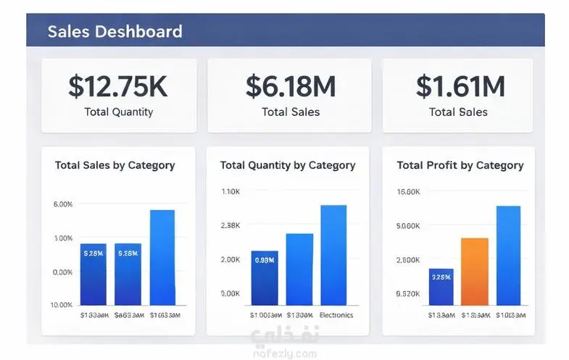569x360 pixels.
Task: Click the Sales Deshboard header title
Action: [115, 32]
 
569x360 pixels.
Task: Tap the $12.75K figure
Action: [118, 86]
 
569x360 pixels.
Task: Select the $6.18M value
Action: [290, 86]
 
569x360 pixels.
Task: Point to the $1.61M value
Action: [460, 86]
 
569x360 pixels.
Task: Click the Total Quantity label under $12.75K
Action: [118, 112]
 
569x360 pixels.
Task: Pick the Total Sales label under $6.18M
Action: [290, 112]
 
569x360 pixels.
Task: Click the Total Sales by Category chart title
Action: [115, 165]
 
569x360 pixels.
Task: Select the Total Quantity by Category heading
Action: [288, 165]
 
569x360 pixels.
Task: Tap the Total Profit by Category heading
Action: [460, 165]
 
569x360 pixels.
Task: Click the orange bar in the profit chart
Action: [475, 271]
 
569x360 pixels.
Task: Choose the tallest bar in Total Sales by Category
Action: [162, 257]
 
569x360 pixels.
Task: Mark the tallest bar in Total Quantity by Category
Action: [333, 254]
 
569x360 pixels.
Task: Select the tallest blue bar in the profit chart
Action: [508, 255]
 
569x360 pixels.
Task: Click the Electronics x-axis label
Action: [336, 315]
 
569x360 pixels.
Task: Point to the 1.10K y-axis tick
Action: [230, 192]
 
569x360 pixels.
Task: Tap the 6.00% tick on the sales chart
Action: [63, 204]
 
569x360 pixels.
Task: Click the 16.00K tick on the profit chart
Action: [409, 192]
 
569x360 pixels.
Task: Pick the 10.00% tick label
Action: [63, 305]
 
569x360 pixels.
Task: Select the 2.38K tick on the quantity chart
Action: [230, 225]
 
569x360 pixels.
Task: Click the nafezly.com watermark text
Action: [284, 353]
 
